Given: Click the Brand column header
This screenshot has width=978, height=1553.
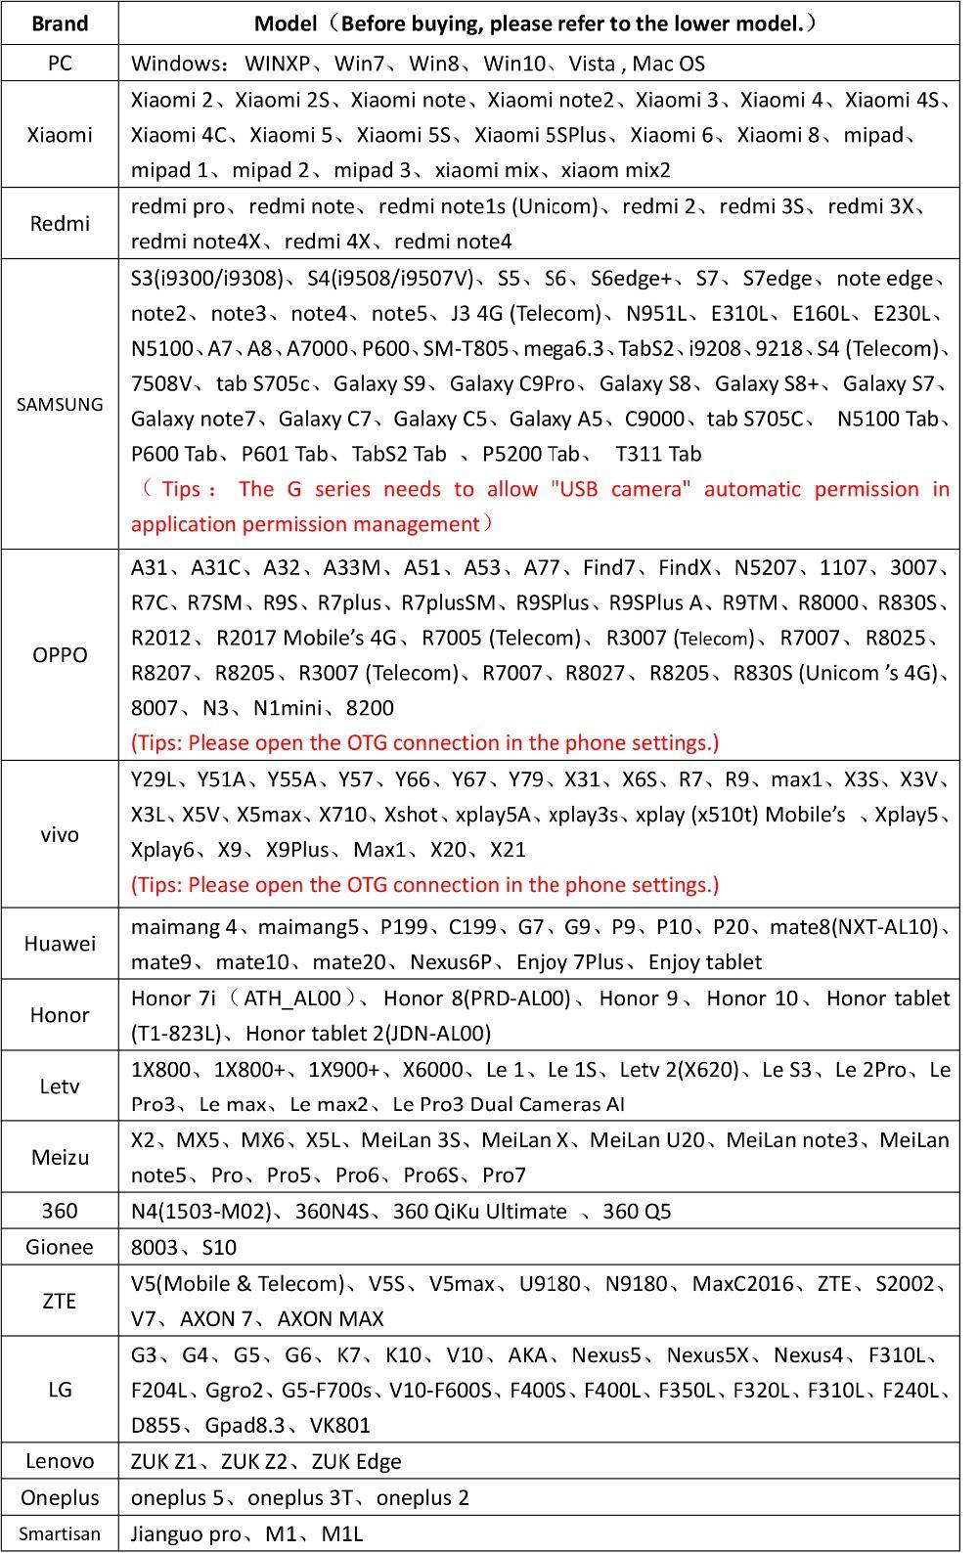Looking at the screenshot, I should point(60,23).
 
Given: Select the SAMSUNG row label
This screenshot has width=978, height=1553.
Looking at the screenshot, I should point(60,404).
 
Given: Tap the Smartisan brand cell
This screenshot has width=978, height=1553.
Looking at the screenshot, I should point(60,1533).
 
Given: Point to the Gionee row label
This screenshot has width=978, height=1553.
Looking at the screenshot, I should point(60,1247).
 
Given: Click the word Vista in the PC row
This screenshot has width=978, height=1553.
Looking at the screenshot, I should point(592,65).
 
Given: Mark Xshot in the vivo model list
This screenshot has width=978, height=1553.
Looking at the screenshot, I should point(411,815).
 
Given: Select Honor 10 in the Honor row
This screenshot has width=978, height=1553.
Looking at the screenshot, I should point(752,998).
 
